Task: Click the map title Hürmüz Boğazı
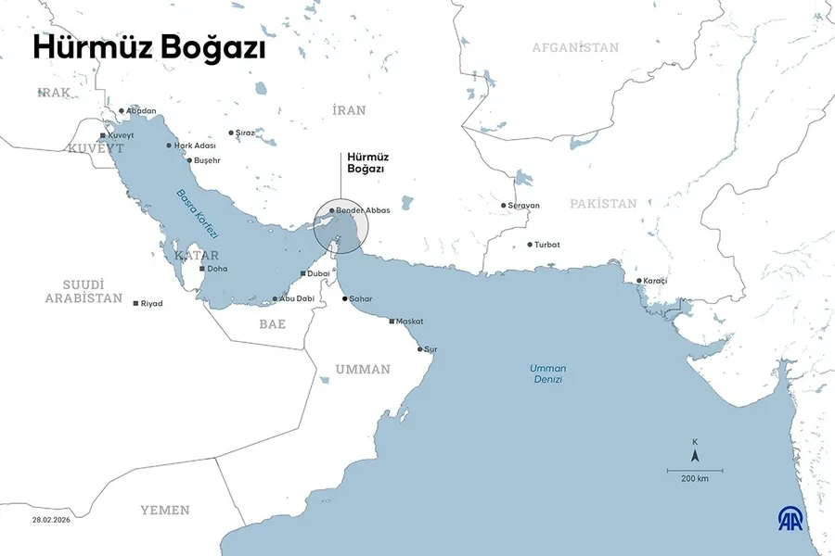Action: pyautogui.click(x=149, y=49)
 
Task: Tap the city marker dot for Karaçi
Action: pyautogui.click(x=638, y=281)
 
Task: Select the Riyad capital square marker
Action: pyautogui.click(x=136, y=304)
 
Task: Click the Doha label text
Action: pyautogui.click(x=217, y=269)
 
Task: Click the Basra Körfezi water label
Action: pyautogui.click(x=194, y=209)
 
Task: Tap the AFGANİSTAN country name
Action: pyautogui.click(x=575, y=47)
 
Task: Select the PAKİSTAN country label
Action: pyautogui.click(x=603, y=204)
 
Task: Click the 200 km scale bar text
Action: pyautogui.click(x=694, y=479)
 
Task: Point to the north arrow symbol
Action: pyautogui.click(x=695, y=455)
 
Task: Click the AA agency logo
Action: pyautogui.click(x=791, y=519)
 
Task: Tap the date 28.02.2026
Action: pyautogui.click(x=52, y=520)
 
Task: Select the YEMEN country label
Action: pyautogui.click(x=165, y=510)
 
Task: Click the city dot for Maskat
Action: pyautogui.click(x=392, y=321)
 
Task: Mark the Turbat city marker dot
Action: pyautogui.click(x=530, y=245)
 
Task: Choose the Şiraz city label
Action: pyautogui.click(x=246, y=133)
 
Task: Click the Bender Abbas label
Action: pyautogui.click(x=363, y=210)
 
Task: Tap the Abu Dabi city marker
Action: pyautogui.click(x=276, y=298)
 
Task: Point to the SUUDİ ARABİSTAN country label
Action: pyautogui.click(x=84, y=291)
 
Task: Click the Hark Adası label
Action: pyautogui.click(x=195, y=145)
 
